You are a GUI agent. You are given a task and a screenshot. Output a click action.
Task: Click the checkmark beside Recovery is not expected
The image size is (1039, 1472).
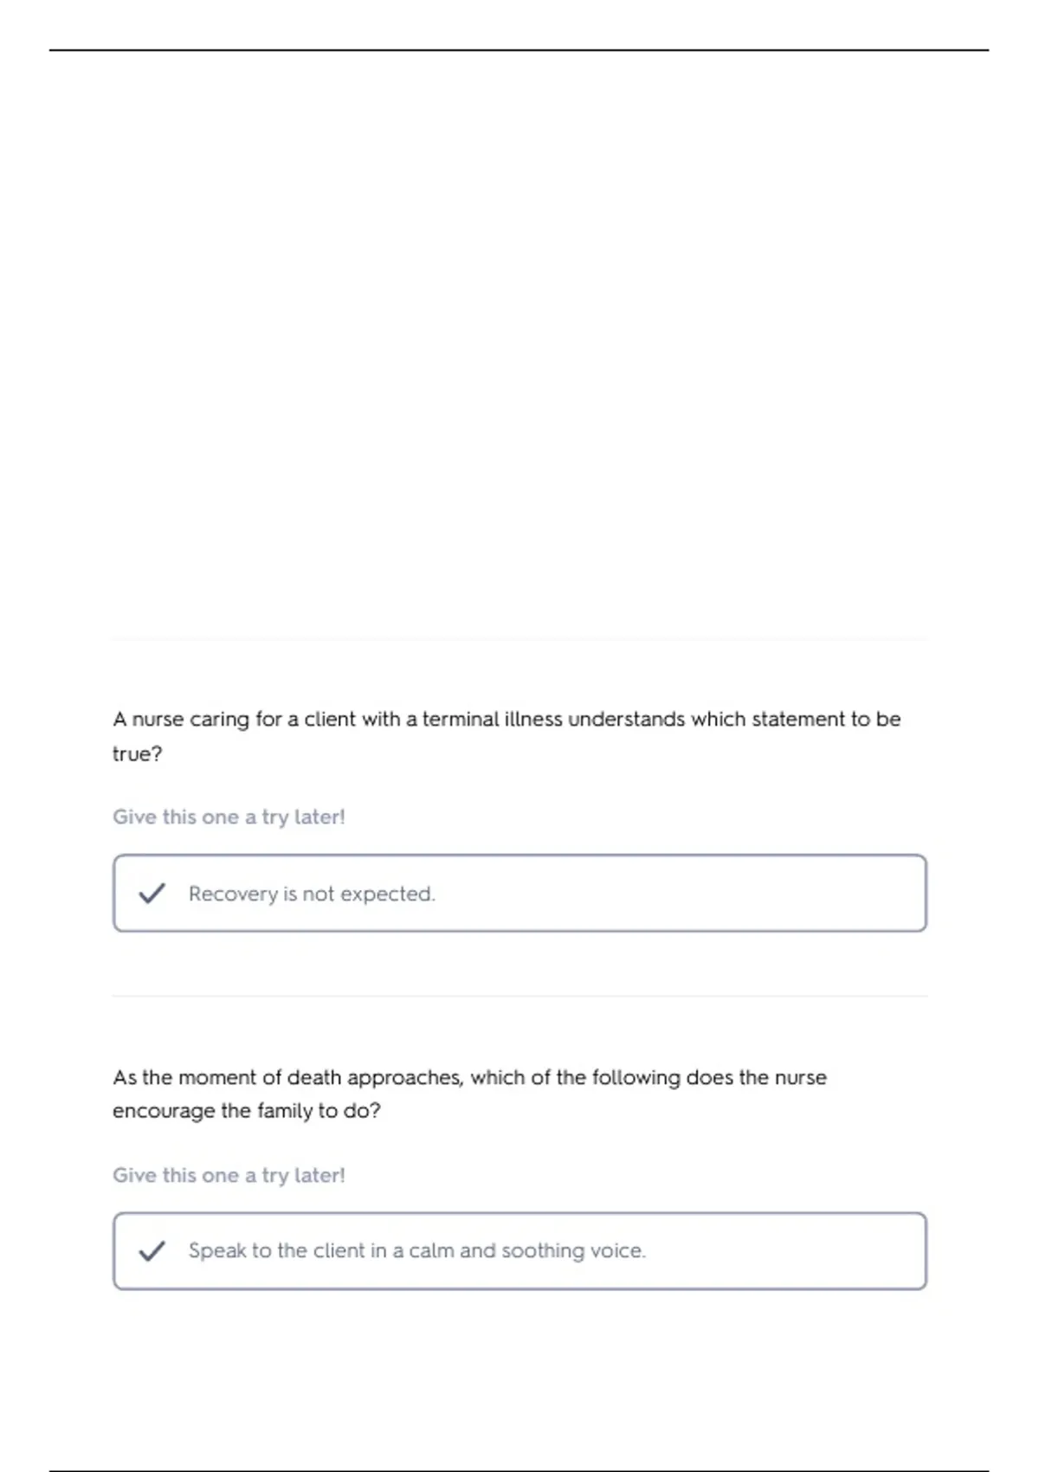click(x=152, y=893)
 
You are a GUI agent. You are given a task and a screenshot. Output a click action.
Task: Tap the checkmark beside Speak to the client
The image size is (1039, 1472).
click(x=152, y=1250)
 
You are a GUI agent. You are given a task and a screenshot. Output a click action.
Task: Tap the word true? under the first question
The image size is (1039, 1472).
click(x=137, y=754)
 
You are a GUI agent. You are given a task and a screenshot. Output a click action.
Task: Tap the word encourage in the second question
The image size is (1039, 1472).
click(x=164, y=1112)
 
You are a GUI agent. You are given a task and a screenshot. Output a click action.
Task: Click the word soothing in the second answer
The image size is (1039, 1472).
click(x=543, y=1251)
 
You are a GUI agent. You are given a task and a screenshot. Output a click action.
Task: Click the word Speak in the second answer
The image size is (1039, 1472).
click(x=217, y=1251)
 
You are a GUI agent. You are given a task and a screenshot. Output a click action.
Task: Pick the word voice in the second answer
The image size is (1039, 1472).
click(x=616, y=1250)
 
